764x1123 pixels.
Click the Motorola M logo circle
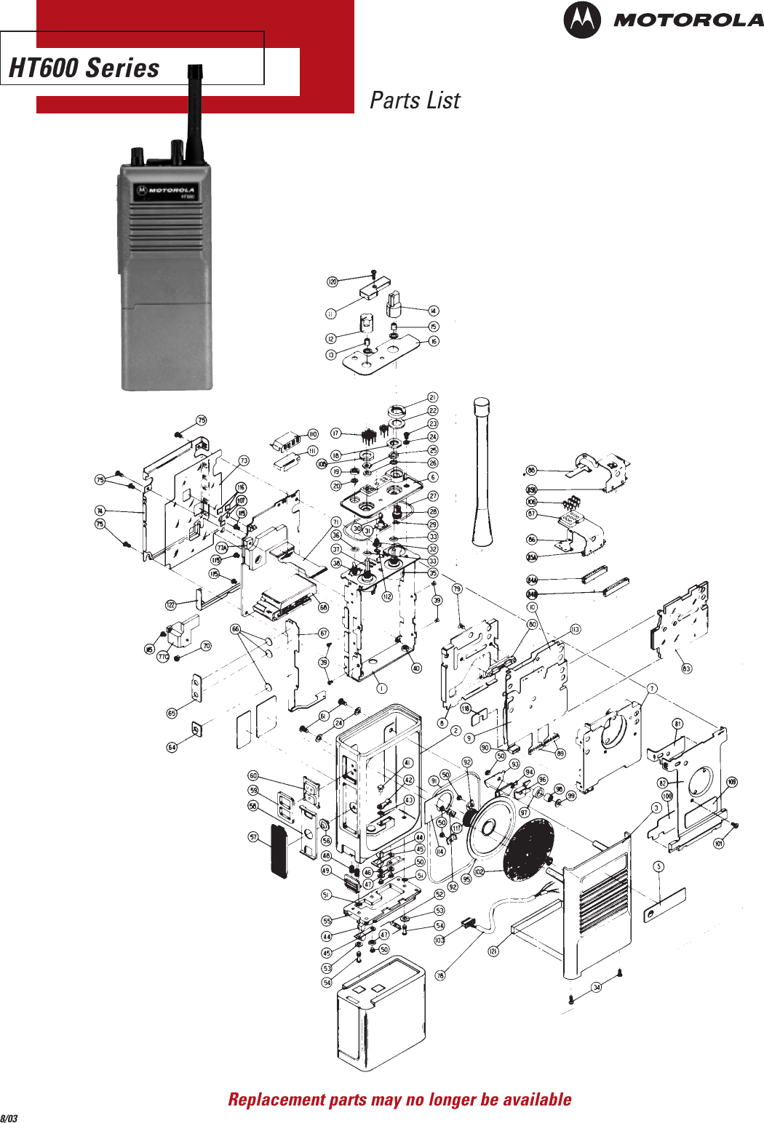coord(582,20)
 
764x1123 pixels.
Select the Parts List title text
coord(415,100)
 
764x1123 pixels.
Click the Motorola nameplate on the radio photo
coord(164,192)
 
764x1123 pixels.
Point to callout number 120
coord(332,281)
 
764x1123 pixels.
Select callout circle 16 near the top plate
coord(434,341)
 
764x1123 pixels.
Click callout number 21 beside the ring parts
coord(433,397)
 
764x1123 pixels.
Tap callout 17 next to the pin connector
coord(335,433)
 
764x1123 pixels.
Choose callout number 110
coord(313,434)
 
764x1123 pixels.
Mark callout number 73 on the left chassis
coord(244,460)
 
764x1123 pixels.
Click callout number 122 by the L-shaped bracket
coord(171,604)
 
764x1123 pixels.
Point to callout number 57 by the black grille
coord(253,837)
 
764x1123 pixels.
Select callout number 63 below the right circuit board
coord(686,668)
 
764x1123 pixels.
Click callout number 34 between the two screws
coord(597,987)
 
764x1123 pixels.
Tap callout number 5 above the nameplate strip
coord(658,866)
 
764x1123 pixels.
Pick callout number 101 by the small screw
coord(718,844)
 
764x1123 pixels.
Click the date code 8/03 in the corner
coord(9,1117)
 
